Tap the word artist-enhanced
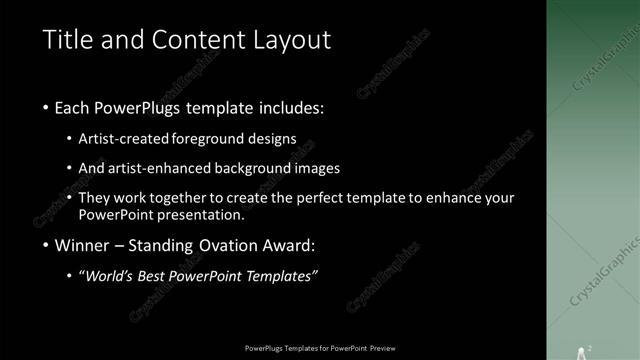pos(170,168)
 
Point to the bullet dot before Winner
pos(48,246)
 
